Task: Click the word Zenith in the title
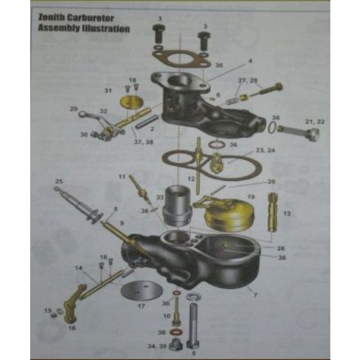[x=50, y=19]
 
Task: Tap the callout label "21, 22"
[x=315, y=122]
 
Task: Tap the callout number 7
[x=256, y=295]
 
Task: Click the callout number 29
[x=74, y=108]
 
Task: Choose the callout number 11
[x=121, y=177]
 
